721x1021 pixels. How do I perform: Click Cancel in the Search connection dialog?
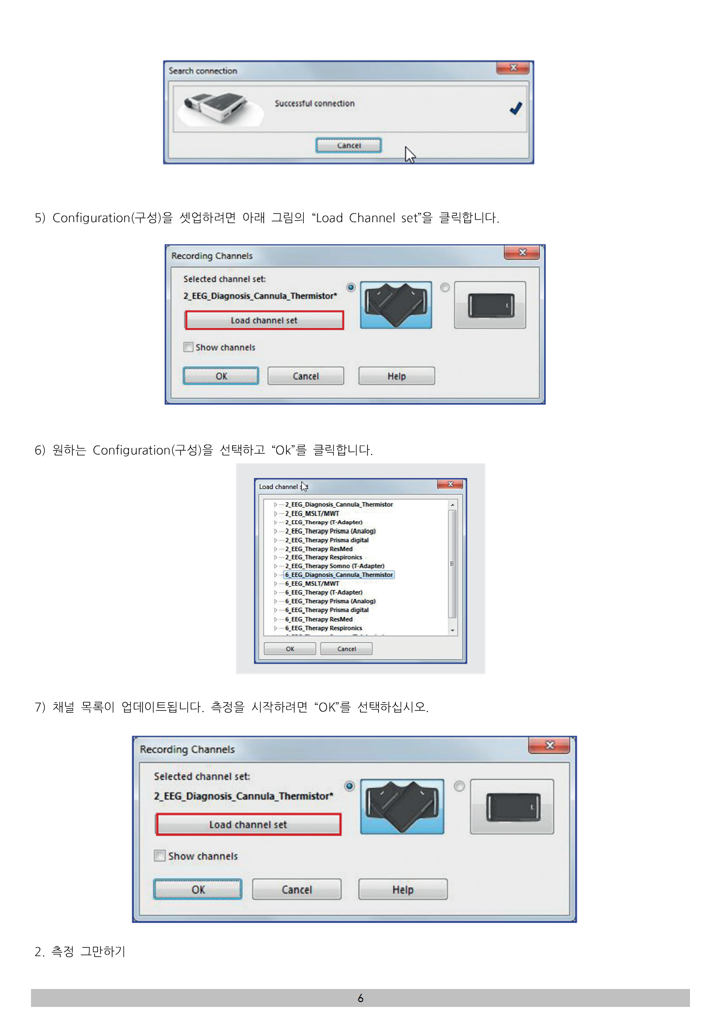tap(348, 146)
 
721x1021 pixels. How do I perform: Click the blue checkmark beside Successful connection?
tap(516, 108)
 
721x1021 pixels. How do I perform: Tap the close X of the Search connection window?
tap(513, 68)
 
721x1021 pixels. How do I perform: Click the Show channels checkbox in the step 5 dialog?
tap(188, 347)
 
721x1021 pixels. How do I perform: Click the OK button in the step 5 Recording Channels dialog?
tap(221, 376)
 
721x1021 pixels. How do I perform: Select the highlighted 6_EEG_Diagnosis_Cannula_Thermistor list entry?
tap(339, 575)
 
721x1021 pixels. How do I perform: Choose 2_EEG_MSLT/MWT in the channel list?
tap(312, 513)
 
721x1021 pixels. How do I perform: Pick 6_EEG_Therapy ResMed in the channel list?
tap(319, 619)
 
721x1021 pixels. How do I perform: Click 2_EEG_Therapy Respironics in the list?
tap(324, 557)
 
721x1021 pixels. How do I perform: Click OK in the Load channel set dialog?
tap(290, 649)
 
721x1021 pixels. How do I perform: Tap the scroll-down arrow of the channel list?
tap(452, 631)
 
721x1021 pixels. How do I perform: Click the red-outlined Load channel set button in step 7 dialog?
tap(248, 825)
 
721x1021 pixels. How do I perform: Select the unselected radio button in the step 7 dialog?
tap(459, 786)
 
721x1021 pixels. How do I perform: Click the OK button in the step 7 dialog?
tap(198, 890)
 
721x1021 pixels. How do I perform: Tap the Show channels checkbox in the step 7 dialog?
tap(159, 856)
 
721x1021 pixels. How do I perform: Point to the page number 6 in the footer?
tap(360, 998)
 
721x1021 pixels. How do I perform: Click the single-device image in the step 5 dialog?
tap(490, 305)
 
